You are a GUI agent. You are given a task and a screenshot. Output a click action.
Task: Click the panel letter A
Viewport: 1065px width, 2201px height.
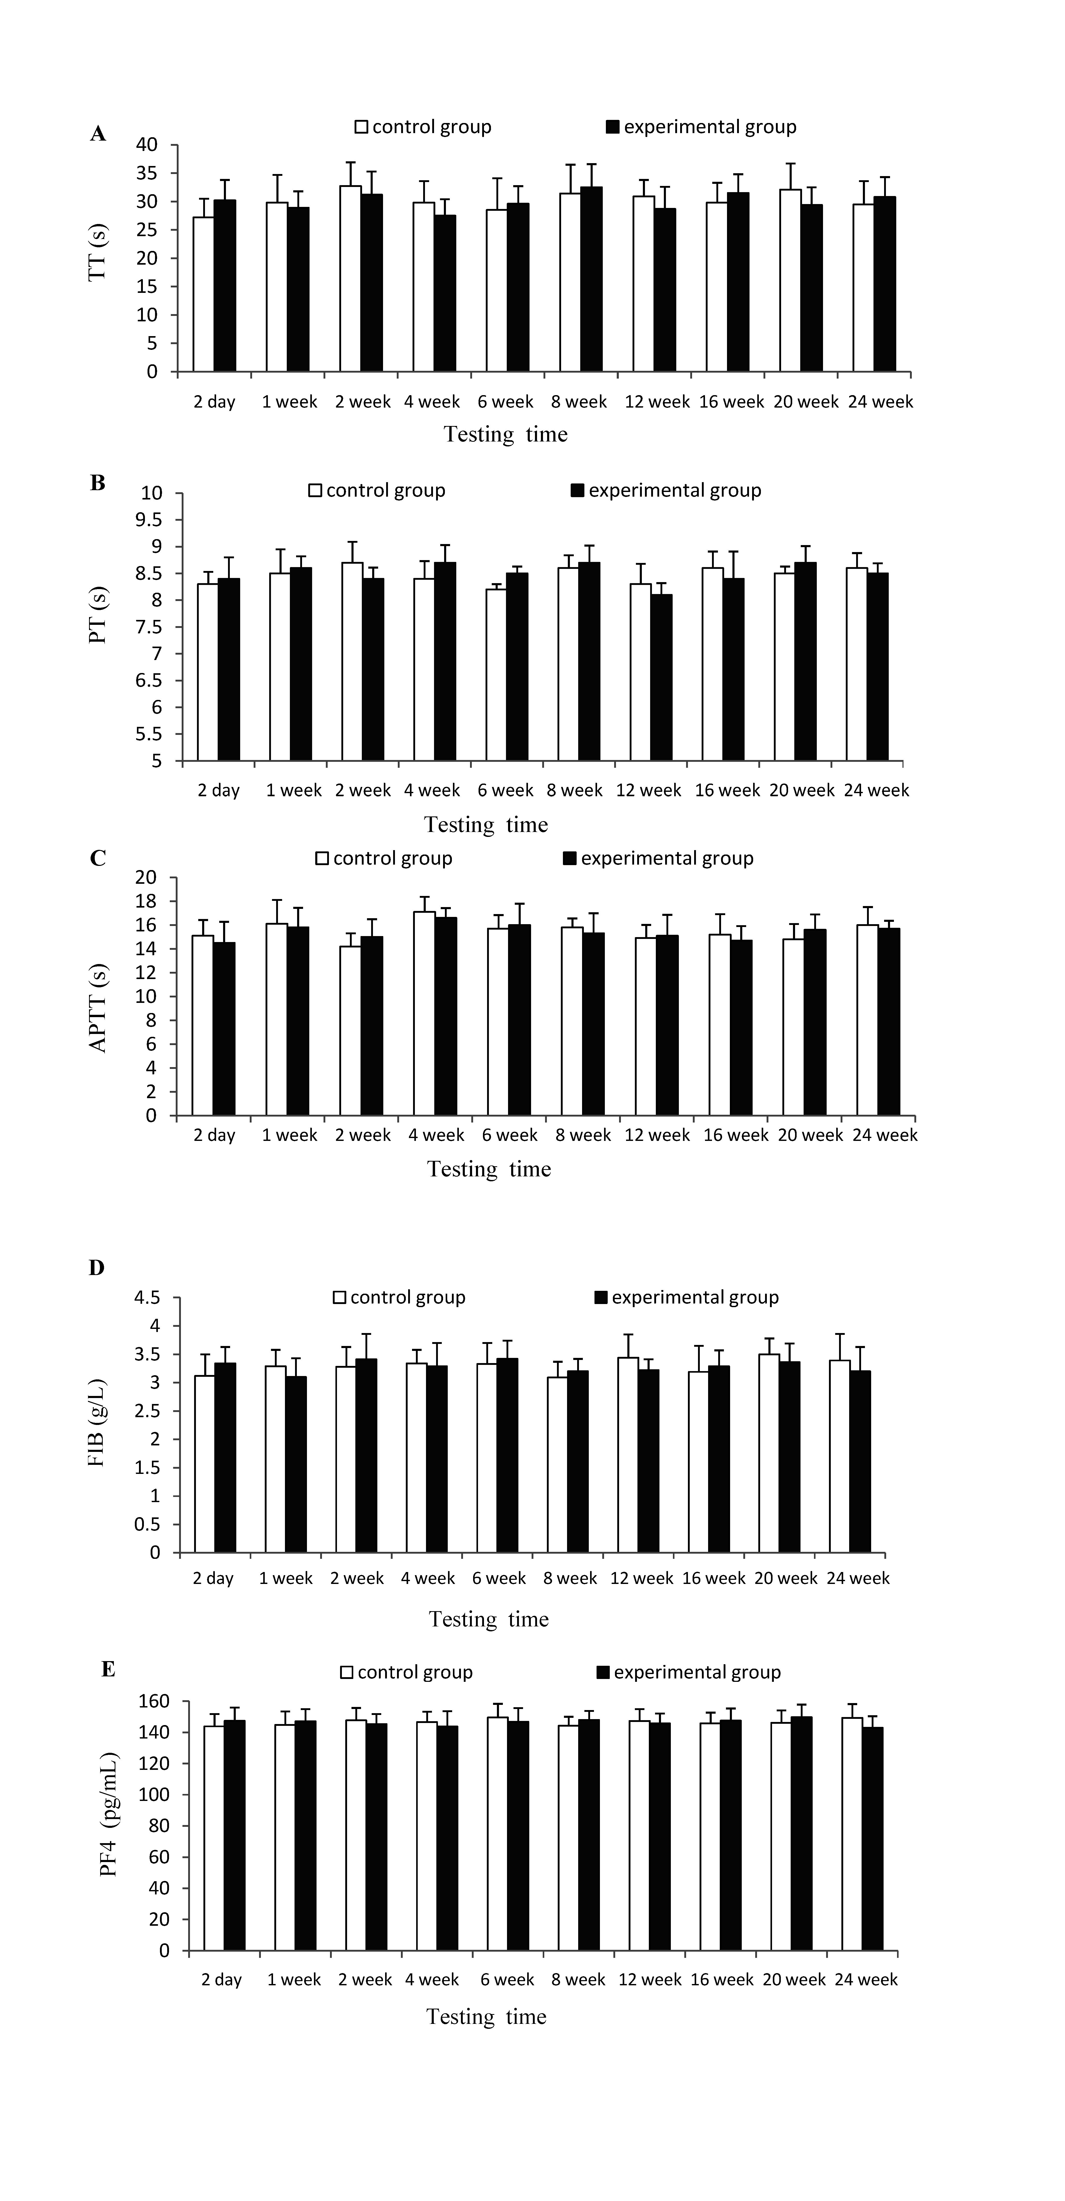(x=98, y=134)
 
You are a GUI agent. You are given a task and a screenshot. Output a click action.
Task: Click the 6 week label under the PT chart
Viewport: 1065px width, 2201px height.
(x=505, y=790)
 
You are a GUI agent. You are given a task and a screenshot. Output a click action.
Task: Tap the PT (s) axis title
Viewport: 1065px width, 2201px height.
(x=98, y=615)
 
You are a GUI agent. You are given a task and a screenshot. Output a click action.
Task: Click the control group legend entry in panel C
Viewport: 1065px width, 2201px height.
(x=384, y=859)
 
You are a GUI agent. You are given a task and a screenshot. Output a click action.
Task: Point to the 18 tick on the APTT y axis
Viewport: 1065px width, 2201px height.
(x=146, y=901)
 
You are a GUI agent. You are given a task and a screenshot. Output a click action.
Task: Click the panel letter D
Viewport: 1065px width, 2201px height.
(x=97, y=1268)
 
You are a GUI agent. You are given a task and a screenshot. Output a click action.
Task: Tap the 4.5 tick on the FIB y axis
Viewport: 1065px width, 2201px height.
(x=147, y=1298)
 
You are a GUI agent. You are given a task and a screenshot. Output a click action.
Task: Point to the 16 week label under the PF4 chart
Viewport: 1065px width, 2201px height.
(x=722, y=1980)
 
